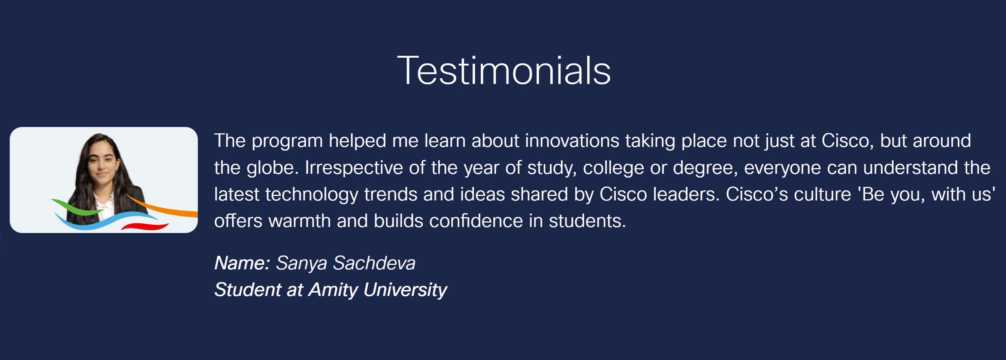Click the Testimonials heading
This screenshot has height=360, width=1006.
coord(504,71)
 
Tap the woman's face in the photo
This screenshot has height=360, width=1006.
coord(102,163)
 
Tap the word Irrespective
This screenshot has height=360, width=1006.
coord(354,168)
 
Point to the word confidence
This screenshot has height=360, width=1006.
coord(476,221)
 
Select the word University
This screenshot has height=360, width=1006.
coord(405,290)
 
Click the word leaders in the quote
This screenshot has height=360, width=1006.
coord(686,194)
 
